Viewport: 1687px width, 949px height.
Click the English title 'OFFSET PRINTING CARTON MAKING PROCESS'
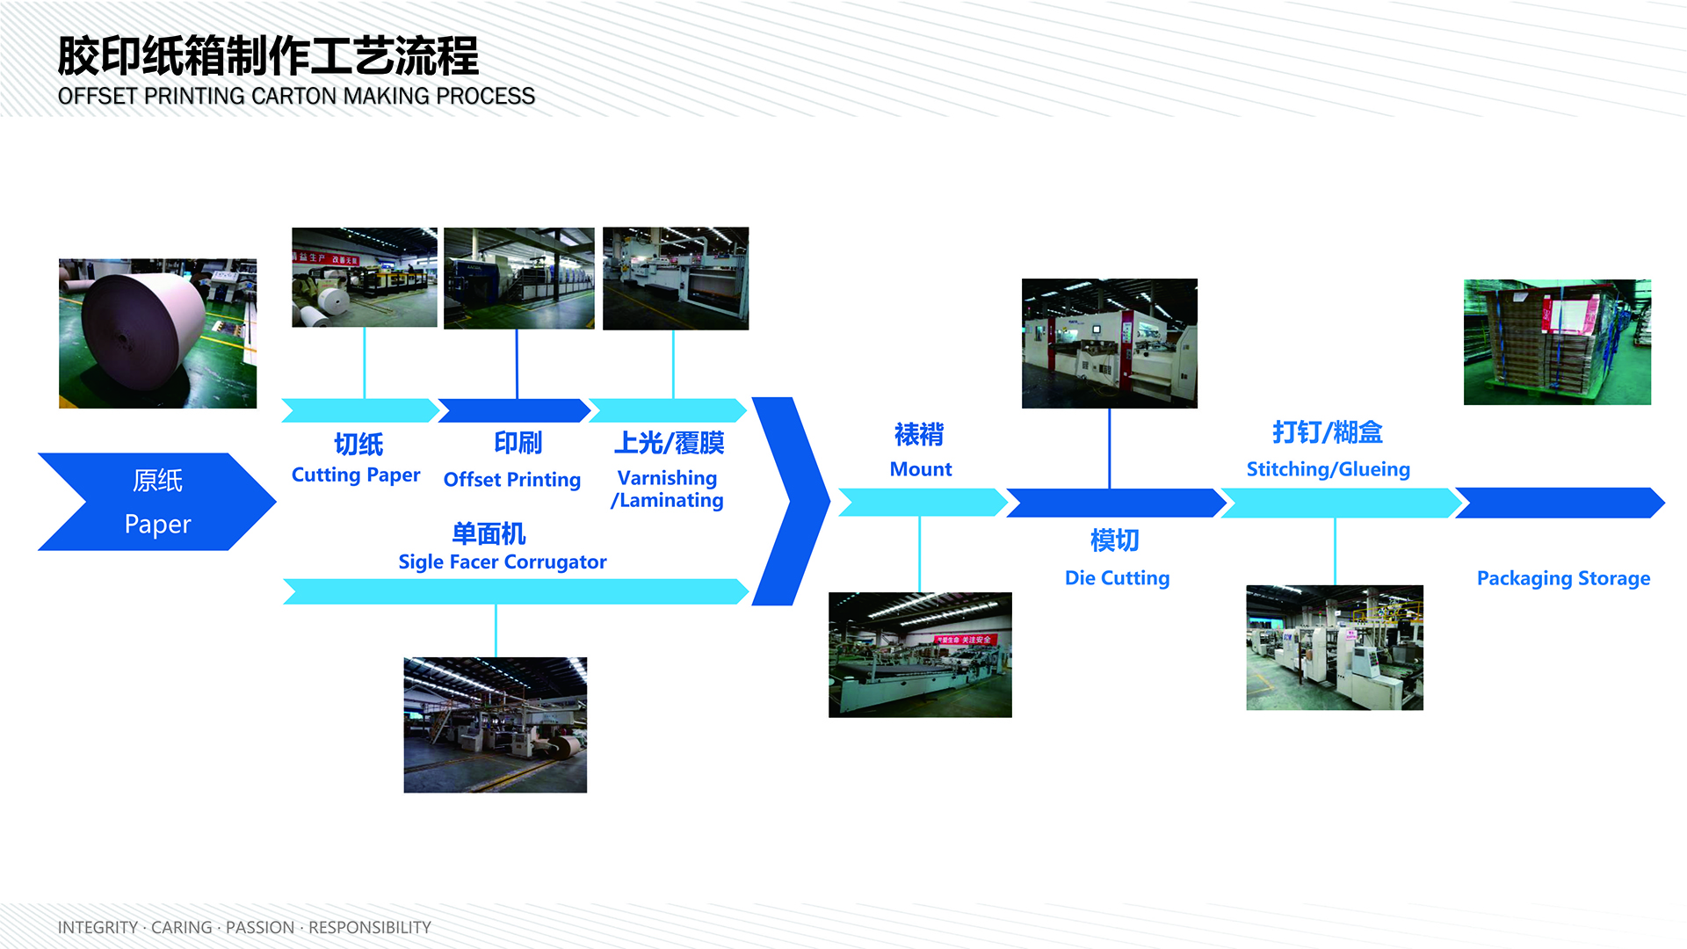coord(296,96)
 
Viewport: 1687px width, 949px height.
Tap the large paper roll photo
coord(158,333)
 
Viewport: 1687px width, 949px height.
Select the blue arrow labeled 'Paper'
coord(157,502)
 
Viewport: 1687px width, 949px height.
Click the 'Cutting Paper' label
coord(356,475)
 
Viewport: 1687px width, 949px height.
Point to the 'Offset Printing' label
coord(512,480)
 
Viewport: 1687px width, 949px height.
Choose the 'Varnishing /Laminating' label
coord(668,489)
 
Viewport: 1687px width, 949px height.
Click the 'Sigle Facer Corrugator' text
coord(503,562)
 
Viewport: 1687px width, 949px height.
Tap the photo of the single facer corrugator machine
coord(496,725)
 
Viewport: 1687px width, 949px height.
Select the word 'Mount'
coord(921,469)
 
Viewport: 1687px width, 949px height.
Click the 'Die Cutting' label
coord(1118,578)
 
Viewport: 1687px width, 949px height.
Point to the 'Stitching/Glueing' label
coord(1329,469)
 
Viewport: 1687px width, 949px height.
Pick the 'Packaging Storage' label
coord(1564,578)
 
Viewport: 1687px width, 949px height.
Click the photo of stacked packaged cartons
coord(1558,342)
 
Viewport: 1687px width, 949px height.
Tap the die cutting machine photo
coord(1110,344)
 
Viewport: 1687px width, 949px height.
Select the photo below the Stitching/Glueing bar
coord(1335,648)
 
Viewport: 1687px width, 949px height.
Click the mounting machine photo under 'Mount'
coord(920,655)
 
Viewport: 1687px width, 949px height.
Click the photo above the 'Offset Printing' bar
coord(519,279)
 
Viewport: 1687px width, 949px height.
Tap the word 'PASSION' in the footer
coord(260,928)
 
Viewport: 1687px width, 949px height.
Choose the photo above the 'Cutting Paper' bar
coord(365,278)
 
